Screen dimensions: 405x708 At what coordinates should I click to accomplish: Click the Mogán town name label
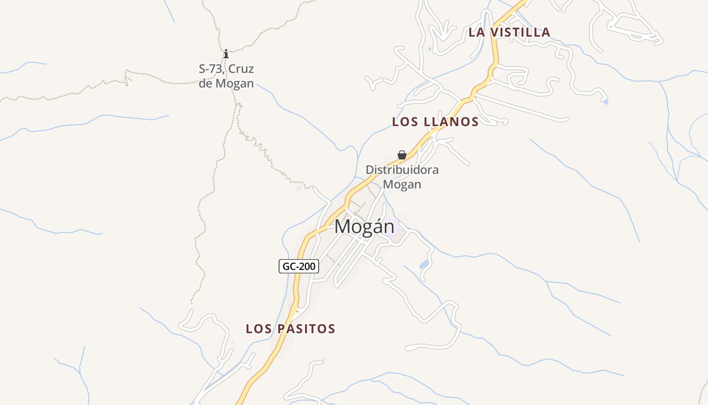coord(364,226)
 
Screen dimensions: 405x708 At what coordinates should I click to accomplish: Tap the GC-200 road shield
coord(299,266)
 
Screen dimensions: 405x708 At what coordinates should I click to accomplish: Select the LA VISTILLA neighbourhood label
coord(509,32)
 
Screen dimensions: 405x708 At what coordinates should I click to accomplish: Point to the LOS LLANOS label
coord(435,121)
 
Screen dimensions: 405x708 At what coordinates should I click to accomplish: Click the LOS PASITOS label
coord(290,329)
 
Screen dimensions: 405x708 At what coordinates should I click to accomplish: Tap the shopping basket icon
coord(402,155)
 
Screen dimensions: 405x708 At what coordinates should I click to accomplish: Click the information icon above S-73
coord(226,54)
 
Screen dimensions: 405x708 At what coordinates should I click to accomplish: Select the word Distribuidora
coord(402,170)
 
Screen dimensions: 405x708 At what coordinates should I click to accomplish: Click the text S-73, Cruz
coord(226,69)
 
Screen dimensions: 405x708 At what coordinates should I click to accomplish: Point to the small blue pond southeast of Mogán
coord(424,264)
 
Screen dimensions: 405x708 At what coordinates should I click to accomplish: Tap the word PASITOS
coord(305,329)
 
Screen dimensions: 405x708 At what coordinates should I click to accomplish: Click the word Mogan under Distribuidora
coord(402,184)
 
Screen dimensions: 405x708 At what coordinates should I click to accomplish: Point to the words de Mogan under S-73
coord(226,83)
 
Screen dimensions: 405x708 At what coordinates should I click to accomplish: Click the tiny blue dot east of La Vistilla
coord(606,102)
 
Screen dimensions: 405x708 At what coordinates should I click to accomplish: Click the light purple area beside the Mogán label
coord(399,234)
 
